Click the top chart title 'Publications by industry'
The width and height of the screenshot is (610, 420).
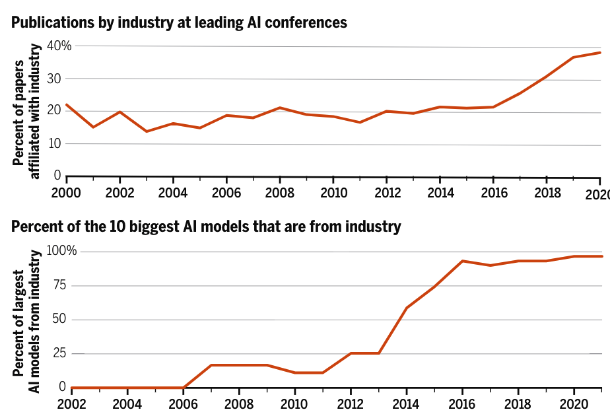tap(179, 22)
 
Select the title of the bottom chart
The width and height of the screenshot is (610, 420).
tap(206, 227)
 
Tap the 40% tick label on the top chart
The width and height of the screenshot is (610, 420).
tap(59, 46)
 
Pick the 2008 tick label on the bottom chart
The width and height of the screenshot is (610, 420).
tap(239, 403)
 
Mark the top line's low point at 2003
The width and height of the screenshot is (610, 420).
tap(146, 131)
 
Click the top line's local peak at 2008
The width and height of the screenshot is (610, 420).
tap(280, 107)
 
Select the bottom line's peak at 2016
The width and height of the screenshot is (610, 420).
tap(463, 261)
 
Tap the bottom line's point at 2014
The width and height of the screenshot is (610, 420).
tap(407, 307)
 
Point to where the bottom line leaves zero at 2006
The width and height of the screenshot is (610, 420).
tap(183, 387)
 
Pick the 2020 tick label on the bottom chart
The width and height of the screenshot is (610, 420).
tap(574, 403)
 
